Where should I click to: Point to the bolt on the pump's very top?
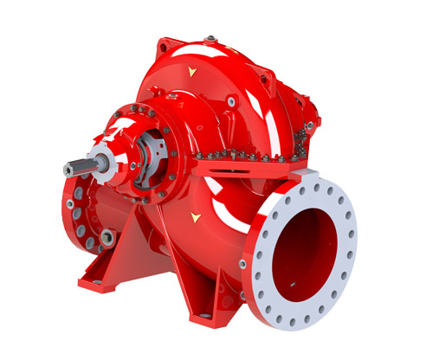(210, 38)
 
